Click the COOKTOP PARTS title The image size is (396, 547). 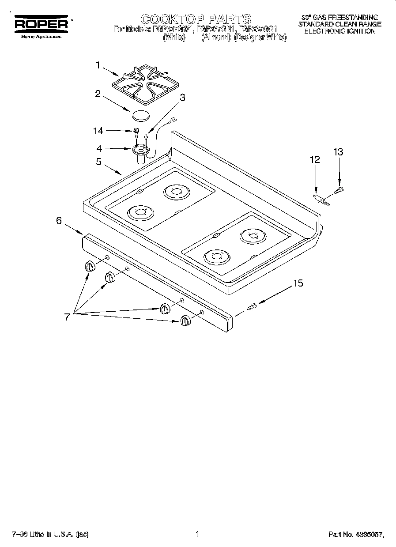(196, 19)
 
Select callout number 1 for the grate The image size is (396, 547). (98, 65)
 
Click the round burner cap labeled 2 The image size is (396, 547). (140, 116)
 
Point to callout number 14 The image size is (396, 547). (98, 131)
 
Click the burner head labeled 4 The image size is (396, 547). (140, 151)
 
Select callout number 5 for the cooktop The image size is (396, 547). (99, 162)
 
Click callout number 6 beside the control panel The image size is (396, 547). (59, 221)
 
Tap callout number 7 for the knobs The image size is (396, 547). (67, 317)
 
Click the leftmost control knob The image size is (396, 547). (90, 266)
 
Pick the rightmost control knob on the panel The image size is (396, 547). (185, 321)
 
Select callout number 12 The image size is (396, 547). (314, 160)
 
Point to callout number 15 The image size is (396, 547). (298, 283)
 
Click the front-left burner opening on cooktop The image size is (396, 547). (140, 214)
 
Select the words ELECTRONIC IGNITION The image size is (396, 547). (340, 31)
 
